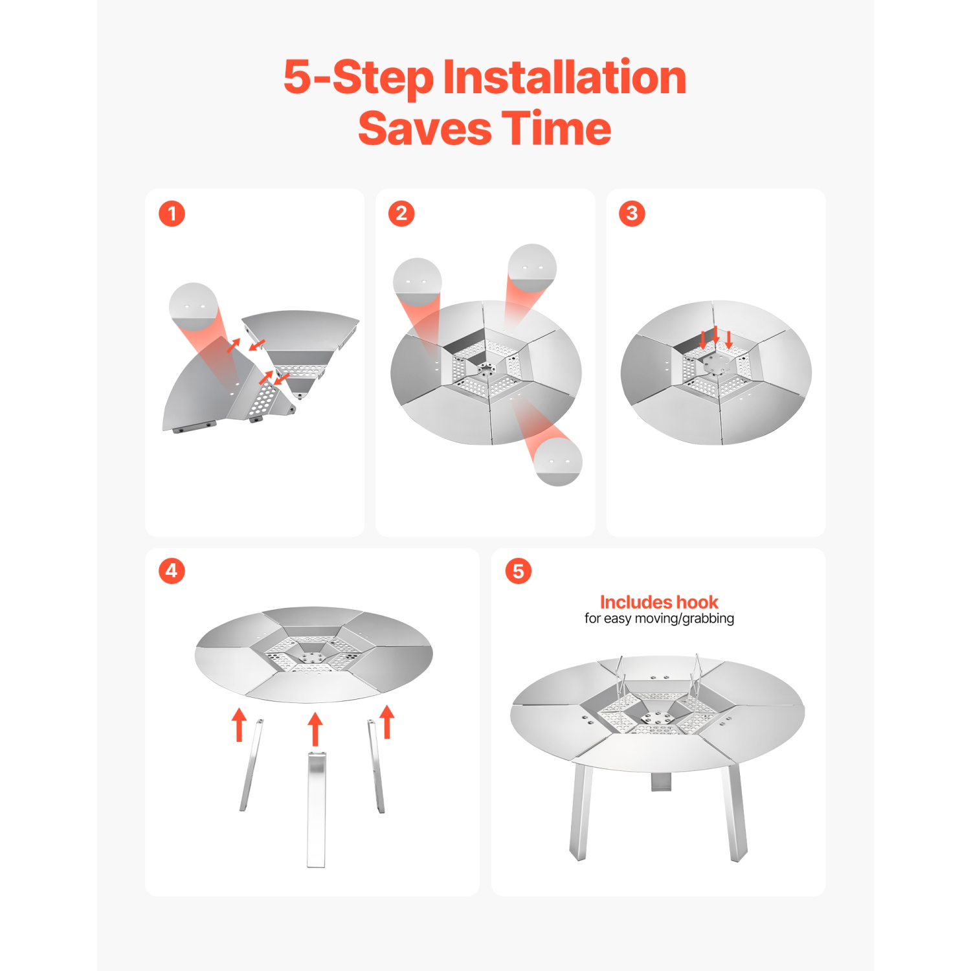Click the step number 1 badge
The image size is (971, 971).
(x=172, y=214)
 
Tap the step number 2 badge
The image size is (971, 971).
(x=401, y=214)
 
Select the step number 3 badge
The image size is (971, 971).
(x=632, y=214)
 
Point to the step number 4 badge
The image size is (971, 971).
(x=172, y=571)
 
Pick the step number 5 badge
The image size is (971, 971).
(x=518, y=571)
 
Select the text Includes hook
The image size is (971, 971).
(x=659, y=602)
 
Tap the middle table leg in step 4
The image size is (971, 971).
(x=316, y=809)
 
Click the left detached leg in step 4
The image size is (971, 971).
(x=252, y=765)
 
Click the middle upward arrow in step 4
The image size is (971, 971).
(x=315, y=730)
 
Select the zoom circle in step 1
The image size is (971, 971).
(x=193, y=307)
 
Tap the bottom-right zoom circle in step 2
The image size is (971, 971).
(x=558, y=462)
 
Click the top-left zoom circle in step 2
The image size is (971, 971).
(x=418, y=282)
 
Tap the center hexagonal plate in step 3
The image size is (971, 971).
(x=716, y=363)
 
